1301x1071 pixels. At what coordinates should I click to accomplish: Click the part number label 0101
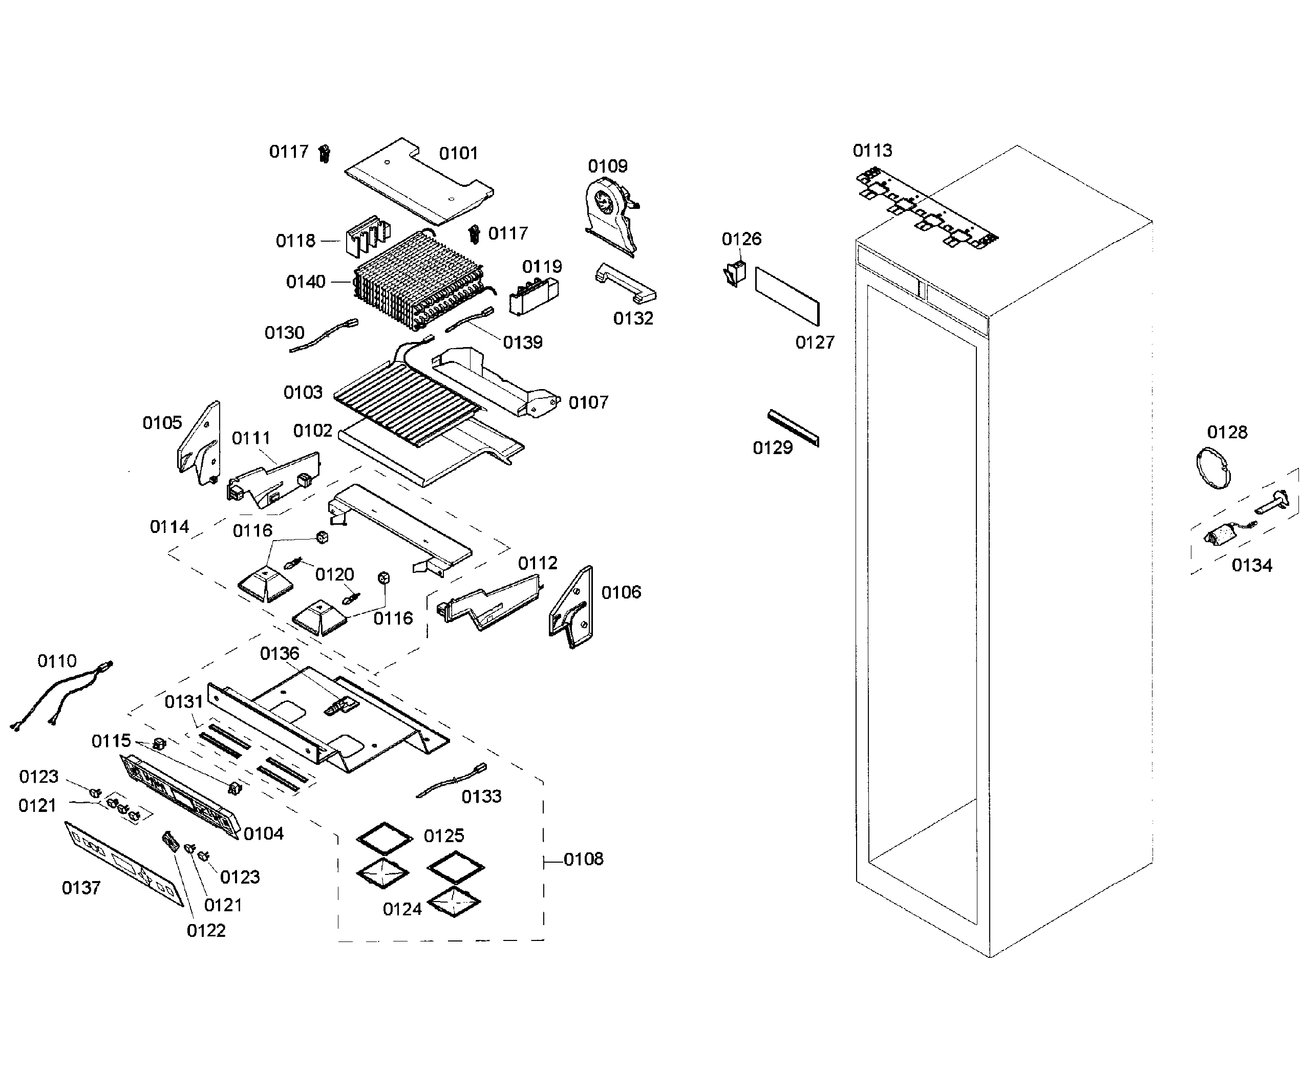[458, 153]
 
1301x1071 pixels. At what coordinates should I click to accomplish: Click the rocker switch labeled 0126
[735, 273]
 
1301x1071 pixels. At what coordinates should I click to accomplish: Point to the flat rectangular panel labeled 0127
[787, 296]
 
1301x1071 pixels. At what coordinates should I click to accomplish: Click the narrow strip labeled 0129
[793, 427]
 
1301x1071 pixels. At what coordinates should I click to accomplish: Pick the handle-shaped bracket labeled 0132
[625, 283]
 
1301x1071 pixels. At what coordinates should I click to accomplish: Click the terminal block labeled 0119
[533, 296]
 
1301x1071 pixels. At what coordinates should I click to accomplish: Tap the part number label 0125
[443, 836]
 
